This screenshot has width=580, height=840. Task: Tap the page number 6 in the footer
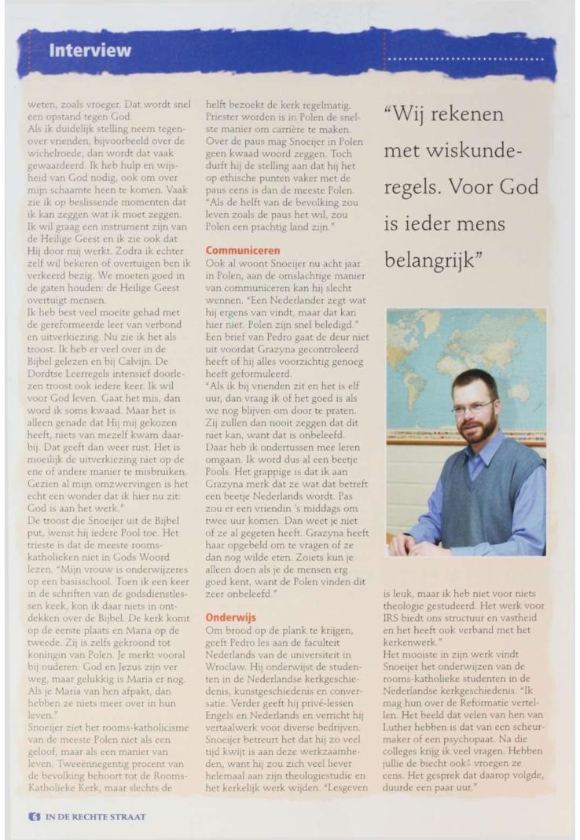pos(34,816)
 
